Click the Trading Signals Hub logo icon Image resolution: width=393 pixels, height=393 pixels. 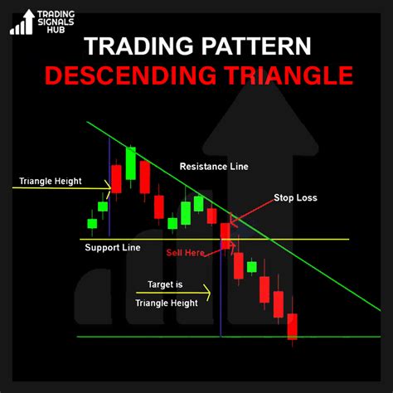[x=22, y=22]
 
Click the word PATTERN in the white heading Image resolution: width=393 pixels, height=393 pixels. [x=256, y=46]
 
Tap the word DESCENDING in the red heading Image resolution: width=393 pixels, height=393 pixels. [x=130, y=75]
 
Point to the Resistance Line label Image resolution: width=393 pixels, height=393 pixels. [x=214, y=167]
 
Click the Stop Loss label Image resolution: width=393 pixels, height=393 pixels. [x=295, y=197]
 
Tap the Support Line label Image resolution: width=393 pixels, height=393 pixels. [x=113, y=247]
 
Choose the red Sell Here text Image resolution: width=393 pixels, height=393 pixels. [x=185, y=252]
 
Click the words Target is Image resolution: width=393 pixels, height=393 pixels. [x=165, y=284]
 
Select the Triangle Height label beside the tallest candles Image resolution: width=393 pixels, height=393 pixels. [x=51, y=181]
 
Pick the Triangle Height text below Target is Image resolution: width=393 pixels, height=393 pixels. [x=167, y=303]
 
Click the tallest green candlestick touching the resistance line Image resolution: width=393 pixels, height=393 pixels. [x=131, y=163]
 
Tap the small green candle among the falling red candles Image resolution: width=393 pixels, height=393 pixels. [x=251, y=267]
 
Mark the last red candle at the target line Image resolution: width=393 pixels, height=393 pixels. [x=292, y=327]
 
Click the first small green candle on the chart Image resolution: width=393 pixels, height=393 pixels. [x=92, y=224]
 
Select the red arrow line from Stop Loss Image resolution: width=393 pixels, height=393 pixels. [x=252, y=211]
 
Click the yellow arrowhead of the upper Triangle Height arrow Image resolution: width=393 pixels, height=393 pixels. [x=108, y=189]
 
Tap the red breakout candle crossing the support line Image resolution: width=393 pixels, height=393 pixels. [x=225, y=236]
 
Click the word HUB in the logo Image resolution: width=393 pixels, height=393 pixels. [x=56, y=30]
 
